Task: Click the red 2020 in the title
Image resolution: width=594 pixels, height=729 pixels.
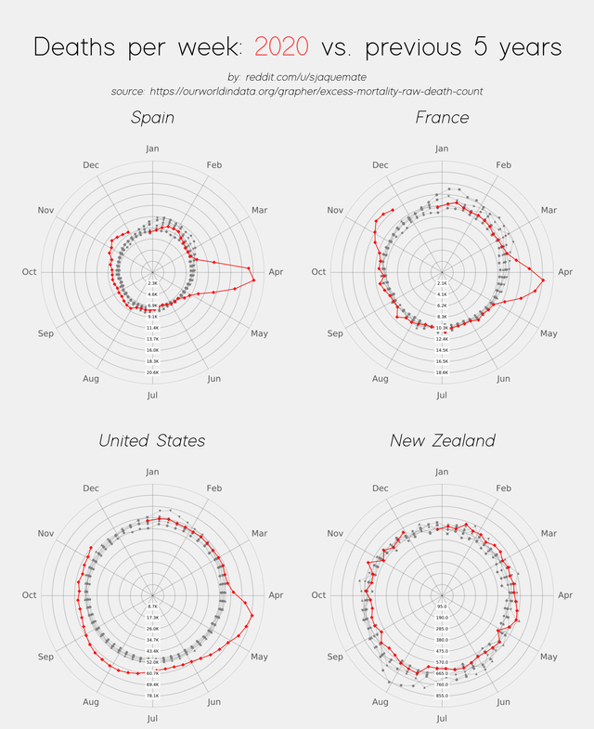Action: [x=284, y=47]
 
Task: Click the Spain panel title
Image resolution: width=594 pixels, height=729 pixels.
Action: [x=152, y=118]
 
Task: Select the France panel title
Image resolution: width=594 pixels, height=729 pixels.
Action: [x=442, y=118]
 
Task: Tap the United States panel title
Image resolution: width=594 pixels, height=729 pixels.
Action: [x=152, y=440]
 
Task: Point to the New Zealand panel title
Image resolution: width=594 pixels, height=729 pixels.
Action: [x=442, y=440]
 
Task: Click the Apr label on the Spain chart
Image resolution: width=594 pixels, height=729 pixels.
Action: [x=276, y=272]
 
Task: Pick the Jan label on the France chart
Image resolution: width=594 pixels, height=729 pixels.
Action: [x=442, y=149]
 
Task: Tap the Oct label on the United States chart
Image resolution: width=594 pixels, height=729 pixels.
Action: [x=29, y=595]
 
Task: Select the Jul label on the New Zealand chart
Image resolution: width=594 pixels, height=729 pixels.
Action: [x=442, y=718]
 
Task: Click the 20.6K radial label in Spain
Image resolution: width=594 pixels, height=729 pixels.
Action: [x=152, y=371]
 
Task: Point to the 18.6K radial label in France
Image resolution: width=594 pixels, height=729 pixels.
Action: [x=442, y=371]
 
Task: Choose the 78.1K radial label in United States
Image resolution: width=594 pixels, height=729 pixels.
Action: [x=152, y=695]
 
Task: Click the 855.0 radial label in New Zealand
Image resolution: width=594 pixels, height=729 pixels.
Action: [x=442, y=695]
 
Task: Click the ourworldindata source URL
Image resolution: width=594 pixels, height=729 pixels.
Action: [x=316, y=91]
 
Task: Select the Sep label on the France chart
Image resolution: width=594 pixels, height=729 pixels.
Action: [x=335, y=333]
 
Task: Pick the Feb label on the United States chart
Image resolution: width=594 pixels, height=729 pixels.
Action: [x=214, y=488]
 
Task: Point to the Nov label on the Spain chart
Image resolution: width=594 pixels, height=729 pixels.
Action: [x=46, y=211]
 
